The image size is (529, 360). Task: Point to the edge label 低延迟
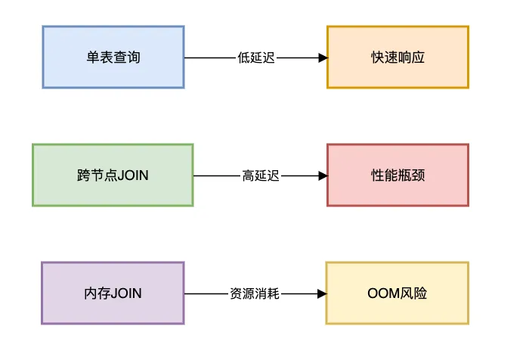point(255,57)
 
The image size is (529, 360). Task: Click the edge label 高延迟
point(261,175)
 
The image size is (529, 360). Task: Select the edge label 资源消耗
point(255,293)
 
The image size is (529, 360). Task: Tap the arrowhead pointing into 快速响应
point(323,57)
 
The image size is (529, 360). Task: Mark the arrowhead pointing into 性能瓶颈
point(323,175)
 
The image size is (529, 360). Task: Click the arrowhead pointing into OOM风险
point(322,293)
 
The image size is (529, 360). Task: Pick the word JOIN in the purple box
point(126,293)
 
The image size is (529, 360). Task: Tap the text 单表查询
point(113,57)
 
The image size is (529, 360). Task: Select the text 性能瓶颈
point(398,175)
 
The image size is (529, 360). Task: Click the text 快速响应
point(398,57)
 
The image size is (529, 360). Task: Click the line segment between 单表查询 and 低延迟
point(210,57)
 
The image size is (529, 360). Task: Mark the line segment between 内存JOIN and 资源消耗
point(206,293)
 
